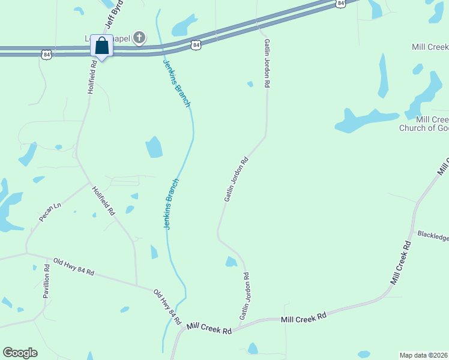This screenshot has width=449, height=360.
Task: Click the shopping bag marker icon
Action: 101,46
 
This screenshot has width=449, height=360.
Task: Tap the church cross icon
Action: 139,39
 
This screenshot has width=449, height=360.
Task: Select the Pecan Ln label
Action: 50,212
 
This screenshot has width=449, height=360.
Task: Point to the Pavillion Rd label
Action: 46,282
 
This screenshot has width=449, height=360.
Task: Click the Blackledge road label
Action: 433,236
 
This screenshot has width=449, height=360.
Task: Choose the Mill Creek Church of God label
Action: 424,124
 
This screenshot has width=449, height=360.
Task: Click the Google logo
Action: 20,353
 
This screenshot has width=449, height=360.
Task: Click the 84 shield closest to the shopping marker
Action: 46,55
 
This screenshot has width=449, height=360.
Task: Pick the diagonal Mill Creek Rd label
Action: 400,263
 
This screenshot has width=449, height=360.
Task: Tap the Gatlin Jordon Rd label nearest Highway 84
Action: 266,65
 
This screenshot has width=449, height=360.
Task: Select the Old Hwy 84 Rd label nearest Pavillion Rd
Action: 74,266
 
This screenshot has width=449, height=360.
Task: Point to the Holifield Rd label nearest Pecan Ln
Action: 103,200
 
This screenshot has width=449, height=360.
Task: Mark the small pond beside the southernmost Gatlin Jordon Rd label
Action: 231,262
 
